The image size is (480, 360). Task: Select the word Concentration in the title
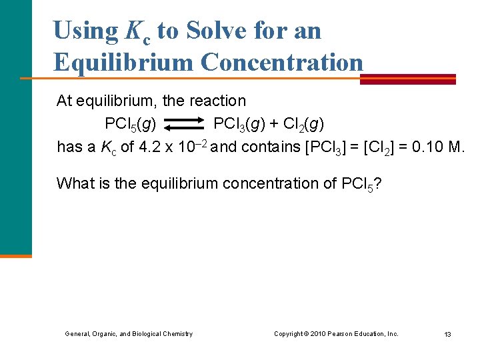282,62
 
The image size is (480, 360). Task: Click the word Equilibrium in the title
123,62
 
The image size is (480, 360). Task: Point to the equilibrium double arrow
185,124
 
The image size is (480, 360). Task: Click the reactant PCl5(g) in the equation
131,125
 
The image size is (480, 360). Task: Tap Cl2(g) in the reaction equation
303,125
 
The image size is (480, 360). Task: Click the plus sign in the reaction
273,124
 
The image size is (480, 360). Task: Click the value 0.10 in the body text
429,147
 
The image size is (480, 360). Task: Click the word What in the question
73,183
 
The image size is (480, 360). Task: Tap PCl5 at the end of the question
358,184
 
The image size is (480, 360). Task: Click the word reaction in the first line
217,101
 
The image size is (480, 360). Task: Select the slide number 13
447,334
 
